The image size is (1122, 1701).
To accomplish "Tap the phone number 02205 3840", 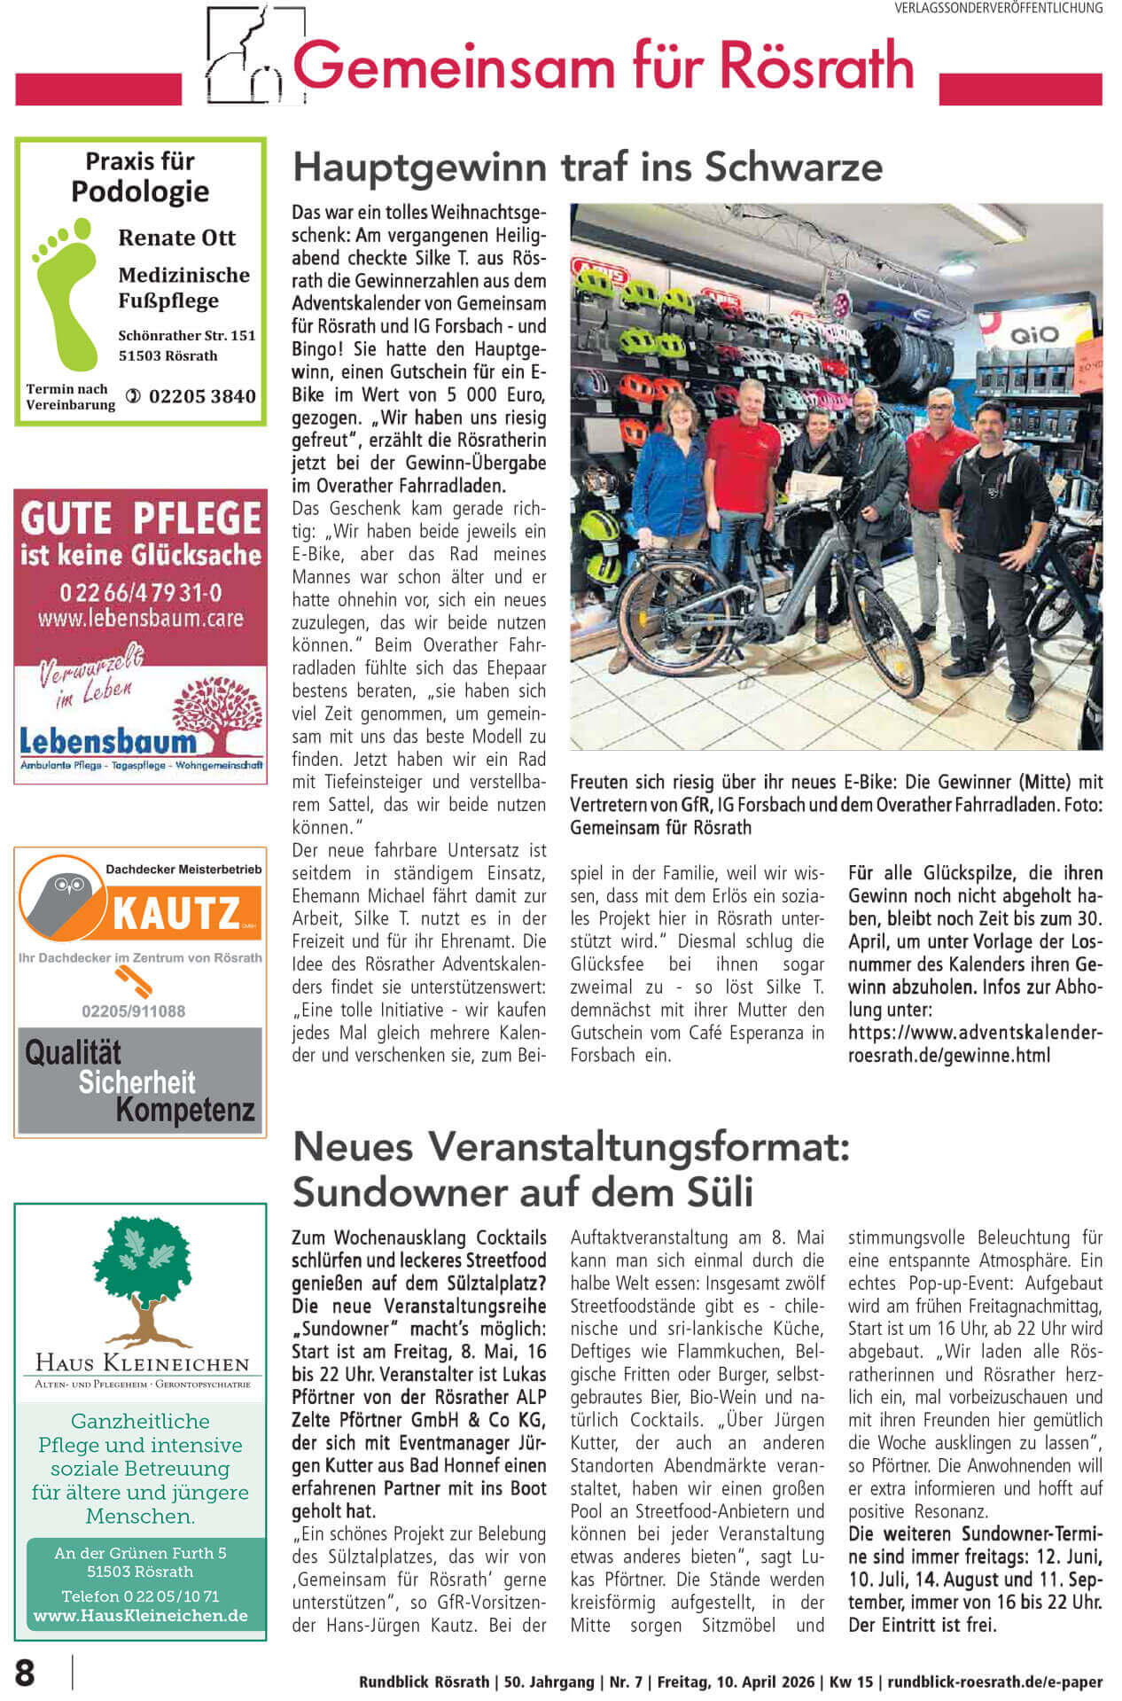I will point(202,396).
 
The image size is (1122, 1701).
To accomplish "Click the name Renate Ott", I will point(176,238).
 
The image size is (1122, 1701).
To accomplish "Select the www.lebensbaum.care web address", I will point(140,618).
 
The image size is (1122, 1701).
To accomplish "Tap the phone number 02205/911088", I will point(134,1011).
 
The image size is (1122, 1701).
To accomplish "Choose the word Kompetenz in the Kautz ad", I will point(185,1111).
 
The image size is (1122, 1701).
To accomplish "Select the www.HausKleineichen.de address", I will point(140,1615).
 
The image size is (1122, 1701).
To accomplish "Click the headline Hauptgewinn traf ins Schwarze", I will point(588,167).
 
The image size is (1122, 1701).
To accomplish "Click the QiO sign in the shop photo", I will point(1034,335).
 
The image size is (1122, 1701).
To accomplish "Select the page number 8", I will point(25,1673).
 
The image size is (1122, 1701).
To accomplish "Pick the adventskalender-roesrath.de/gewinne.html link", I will point(974,1044).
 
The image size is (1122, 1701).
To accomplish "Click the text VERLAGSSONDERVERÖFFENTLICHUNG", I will point(999,8).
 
